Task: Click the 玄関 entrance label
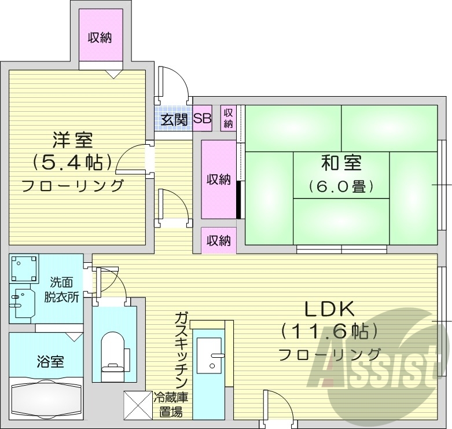[x=173, y=120]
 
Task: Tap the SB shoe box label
[x=202, y=119]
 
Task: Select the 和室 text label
[x=341, y=164]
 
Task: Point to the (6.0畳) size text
[x=341, y=186]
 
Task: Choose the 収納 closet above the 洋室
[x=101, y=38]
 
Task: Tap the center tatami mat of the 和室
[x=341, y=175]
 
